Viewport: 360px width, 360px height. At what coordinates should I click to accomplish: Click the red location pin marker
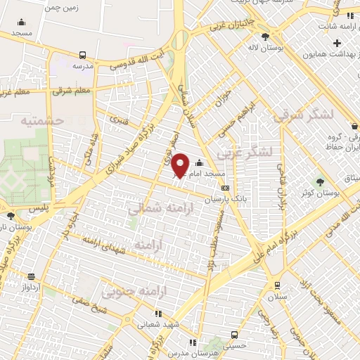point(180,165)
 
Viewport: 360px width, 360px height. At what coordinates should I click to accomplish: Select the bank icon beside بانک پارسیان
point(225,188)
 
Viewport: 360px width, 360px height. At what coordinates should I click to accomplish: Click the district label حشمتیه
point(42,121)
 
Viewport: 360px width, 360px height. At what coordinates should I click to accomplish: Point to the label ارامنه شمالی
point(156,208)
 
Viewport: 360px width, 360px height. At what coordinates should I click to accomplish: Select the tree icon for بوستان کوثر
point(321,181)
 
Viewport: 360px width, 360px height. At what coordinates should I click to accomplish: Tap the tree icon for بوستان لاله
point(265,37)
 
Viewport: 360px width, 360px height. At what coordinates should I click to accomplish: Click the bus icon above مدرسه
point(83,55)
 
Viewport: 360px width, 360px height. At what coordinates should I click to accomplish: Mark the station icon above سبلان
point(278,285)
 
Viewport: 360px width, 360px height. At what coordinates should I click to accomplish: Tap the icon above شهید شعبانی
point(158,314)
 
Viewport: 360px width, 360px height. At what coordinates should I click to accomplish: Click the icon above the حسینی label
point(234,335)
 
